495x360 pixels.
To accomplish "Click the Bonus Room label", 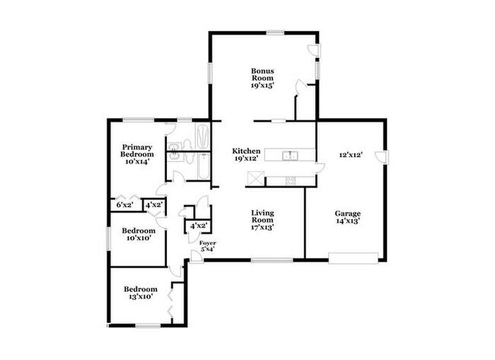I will point(263,78).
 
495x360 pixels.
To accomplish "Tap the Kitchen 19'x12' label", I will point(246,155).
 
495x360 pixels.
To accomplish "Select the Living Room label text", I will point(262,219).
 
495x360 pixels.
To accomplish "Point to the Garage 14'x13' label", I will point(348,218).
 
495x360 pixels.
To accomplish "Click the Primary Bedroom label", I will point(136,154).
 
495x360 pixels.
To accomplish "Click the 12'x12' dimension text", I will point(350,155).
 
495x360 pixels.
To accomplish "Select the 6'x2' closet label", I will point(123,205).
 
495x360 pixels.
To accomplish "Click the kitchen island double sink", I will point(290,156).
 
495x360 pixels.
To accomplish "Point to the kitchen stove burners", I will point(289,180).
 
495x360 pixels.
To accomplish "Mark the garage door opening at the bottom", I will point(353,258).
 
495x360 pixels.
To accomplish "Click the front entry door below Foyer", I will point(196,256).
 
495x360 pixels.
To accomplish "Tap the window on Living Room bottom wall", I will point(272,260).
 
